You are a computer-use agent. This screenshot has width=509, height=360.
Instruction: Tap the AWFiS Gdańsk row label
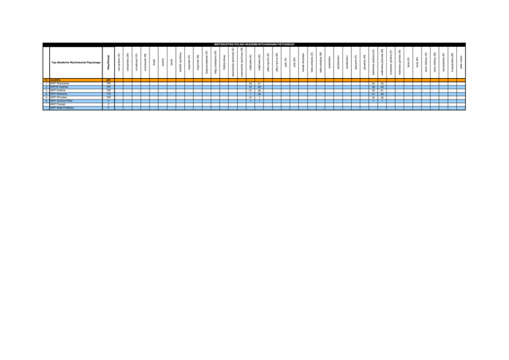click(60, 86)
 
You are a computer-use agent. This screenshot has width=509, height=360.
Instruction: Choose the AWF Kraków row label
click(58, 89)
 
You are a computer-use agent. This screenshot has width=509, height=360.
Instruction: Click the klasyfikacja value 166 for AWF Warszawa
click(108, 83)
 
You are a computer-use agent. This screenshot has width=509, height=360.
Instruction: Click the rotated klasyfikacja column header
click(108, 63)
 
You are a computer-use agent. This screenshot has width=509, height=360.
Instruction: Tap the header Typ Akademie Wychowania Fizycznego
click(75, 63)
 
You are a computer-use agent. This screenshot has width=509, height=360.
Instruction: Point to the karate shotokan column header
click(303, 64)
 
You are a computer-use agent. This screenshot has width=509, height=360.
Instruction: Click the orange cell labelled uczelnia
click(56, 80)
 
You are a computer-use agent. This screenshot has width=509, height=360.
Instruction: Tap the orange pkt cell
click(108, 80)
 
